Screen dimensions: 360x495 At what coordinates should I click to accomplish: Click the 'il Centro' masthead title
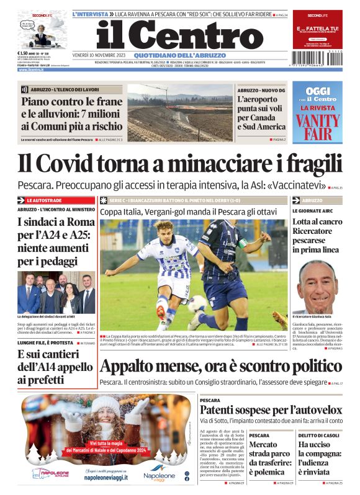point(180,36)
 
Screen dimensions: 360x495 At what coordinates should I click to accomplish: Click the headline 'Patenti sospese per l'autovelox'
point(271,410)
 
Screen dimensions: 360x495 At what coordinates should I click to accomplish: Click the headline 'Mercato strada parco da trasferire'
point(266,458)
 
